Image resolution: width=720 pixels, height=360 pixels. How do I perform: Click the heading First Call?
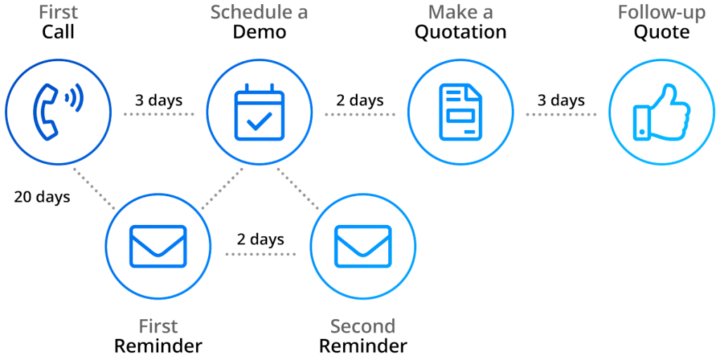(x=58, y=22)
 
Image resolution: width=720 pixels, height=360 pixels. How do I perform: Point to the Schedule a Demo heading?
(x=257, y=22)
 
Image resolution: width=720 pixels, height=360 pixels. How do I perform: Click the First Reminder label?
(x=159, y=336)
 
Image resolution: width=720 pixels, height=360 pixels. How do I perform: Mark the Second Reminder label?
(x=363, y=336)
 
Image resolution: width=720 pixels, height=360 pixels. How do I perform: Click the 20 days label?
(x=42, y=196)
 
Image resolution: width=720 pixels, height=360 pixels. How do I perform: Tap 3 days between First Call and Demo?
(x=159, y=100)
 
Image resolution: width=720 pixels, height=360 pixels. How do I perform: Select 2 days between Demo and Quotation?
(x=360, y=100)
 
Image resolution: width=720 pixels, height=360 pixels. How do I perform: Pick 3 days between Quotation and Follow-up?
(x=560, y=100)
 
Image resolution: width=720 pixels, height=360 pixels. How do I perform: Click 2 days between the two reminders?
(x=260, y=239)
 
